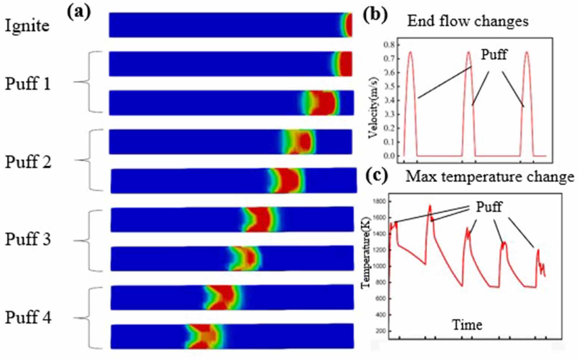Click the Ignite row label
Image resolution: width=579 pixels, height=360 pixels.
(27, 25)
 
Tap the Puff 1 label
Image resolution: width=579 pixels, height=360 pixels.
(28, 83)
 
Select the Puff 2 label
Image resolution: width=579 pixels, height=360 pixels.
(28, 162)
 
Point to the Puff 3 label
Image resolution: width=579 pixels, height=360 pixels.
(28, 239)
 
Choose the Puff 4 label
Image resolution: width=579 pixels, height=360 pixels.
(28, 317)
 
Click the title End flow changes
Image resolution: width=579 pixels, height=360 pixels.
(468, 21)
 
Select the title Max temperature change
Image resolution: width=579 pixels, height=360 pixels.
(490, 176)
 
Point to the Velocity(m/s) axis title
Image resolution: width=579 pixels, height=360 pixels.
(373, 108)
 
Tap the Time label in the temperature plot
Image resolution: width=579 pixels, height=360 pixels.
(467, 324)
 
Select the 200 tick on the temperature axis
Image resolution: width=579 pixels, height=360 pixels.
(381, 331)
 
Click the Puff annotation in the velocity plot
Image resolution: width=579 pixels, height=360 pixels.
(494, 55)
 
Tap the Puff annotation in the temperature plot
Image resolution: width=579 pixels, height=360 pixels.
(489, 206)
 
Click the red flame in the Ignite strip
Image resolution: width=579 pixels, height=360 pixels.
(348, 25)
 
